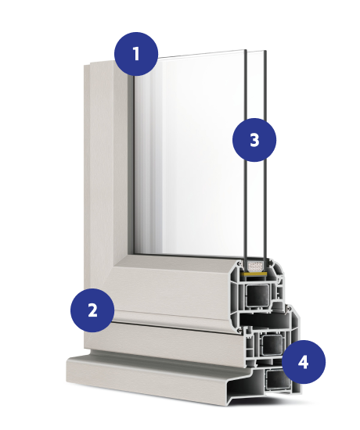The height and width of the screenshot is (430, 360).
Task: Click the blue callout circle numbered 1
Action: (136, 54)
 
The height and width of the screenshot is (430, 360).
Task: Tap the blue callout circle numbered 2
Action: (92, 310)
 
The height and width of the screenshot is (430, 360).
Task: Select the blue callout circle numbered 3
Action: (254, 140)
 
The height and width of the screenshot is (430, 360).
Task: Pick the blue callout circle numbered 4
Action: (304, 362)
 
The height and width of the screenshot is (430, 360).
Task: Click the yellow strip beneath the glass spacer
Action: (254, 274)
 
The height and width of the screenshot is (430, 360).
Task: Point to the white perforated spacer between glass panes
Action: (256, 266)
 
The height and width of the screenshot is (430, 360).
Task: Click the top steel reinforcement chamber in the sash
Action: (257, 296)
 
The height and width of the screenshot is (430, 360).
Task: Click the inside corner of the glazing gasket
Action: (135, 253)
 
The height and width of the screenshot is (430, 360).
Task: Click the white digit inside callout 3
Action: (254, 140)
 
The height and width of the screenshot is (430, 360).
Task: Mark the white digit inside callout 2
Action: (93, 310)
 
